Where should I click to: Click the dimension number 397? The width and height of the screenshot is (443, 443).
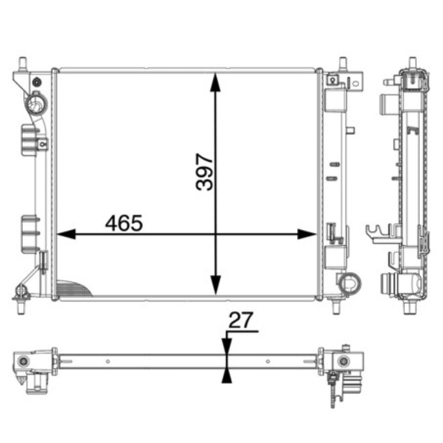point(204,172)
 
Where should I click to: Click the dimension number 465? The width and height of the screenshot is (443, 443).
point(124,223)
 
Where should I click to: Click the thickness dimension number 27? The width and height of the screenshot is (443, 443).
point(240,321)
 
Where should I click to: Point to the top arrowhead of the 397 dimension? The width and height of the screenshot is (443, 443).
point(215,82)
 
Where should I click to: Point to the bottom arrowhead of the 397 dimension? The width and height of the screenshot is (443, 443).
point(215,285)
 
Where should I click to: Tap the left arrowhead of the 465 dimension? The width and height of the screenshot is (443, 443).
point(66,234)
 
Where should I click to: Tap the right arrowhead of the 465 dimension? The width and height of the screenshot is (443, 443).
point(307,234)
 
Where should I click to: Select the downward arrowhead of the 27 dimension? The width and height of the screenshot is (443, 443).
point(226,346)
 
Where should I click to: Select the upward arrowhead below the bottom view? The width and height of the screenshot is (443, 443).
point(226,376)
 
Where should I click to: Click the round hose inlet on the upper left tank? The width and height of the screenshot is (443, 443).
point(36,103)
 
